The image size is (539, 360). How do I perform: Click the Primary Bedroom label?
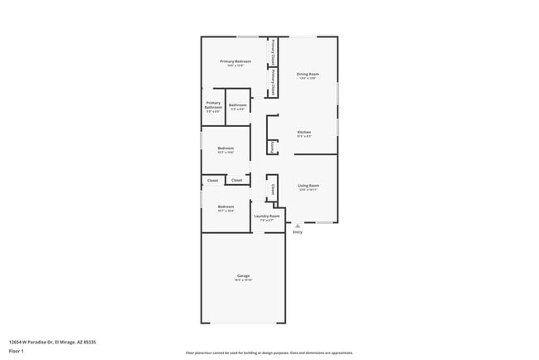point(236,61)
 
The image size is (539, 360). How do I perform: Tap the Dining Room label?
point(308,74)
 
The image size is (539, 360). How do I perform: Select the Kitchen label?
point(304,132)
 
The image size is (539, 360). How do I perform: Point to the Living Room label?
point(308,185)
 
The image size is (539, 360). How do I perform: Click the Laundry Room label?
point(267,216)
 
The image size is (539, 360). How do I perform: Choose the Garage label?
point(244,275)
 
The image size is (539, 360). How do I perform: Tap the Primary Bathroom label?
point(213,105)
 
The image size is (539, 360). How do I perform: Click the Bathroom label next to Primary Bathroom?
point(238,105)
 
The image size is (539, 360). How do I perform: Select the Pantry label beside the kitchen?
point(272,147)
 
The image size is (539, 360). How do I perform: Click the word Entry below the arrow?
point(297,232)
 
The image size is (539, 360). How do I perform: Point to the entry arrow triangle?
point(297,225)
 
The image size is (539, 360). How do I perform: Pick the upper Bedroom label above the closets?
point(226,148)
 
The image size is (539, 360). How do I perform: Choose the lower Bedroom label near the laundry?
point(226,207)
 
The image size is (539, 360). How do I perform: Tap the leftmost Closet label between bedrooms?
point(213,180)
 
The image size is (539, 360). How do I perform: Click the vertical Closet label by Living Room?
point(272,189)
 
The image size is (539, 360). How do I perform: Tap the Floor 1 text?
point(17,350)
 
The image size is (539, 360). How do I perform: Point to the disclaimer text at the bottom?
point(269,353)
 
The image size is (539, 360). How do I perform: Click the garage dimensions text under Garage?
point(244,280)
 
